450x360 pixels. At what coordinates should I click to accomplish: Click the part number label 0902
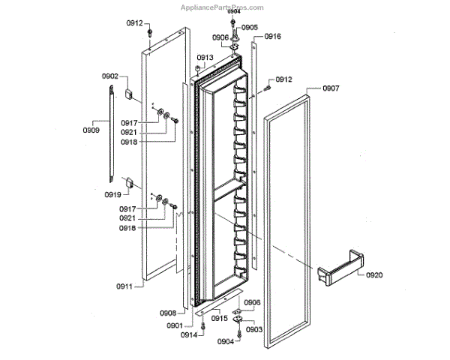(x=110, y=76)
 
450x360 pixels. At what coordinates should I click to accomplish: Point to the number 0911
(x=124, y=286)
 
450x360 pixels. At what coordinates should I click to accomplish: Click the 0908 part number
(x=167, y=312)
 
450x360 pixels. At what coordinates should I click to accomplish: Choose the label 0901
(x=175, y=325)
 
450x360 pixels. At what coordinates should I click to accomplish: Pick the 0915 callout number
(x=219, y=319)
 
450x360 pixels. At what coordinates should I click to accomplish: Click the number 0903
(x=253, y=329)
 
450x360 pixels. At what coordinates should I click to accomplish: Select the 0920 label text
(x=374, y=275)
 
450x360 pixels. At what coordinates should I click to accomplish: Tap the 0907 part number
(x=331, y=89)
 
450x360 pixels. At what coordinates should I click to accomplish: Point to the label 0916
(x=272, y=37)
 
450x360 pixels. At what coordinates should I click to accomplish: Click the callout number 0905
(x=250, y=27)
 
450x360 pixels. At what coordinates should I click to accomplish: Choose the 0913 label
(x=205, y=58)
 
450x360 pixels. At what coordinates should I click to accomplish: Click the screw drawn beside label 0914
(x=203, y=330)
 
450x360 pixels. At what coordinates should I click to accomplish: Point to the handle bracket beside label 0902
(x=128, y=94)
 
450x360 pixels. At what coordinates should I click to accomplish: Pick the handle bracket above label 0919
(x=128, y=181)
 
